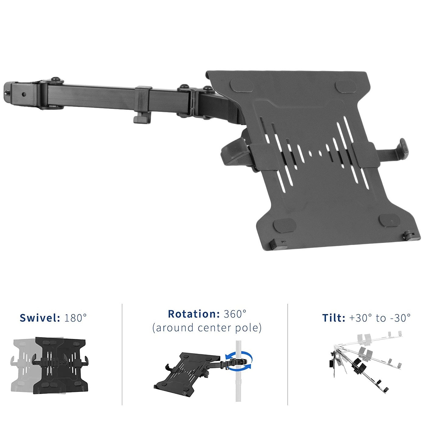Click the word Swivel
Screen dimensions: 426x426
click(40, 318)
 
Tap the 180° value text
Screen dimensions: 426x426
click(75, 318)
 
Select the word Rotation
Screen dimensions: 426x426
click(194, 314)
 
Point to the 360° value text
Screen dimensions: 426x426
click(235, 314)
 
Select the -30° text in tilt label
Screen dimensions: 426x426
click(400, 318)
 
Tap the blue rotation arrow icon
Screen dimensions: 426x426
click(239, 361)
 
